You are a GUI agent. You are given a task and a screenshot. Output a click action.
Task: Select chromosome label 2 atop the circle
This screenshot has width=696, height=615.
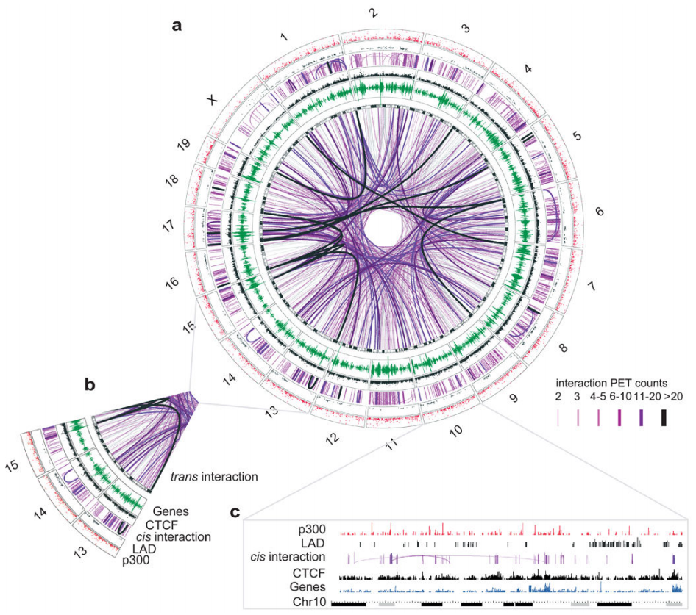(374, 12)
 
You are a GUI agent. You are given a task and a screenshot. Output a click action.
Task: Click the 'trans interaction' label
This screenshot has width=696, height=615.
(214, 476)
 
